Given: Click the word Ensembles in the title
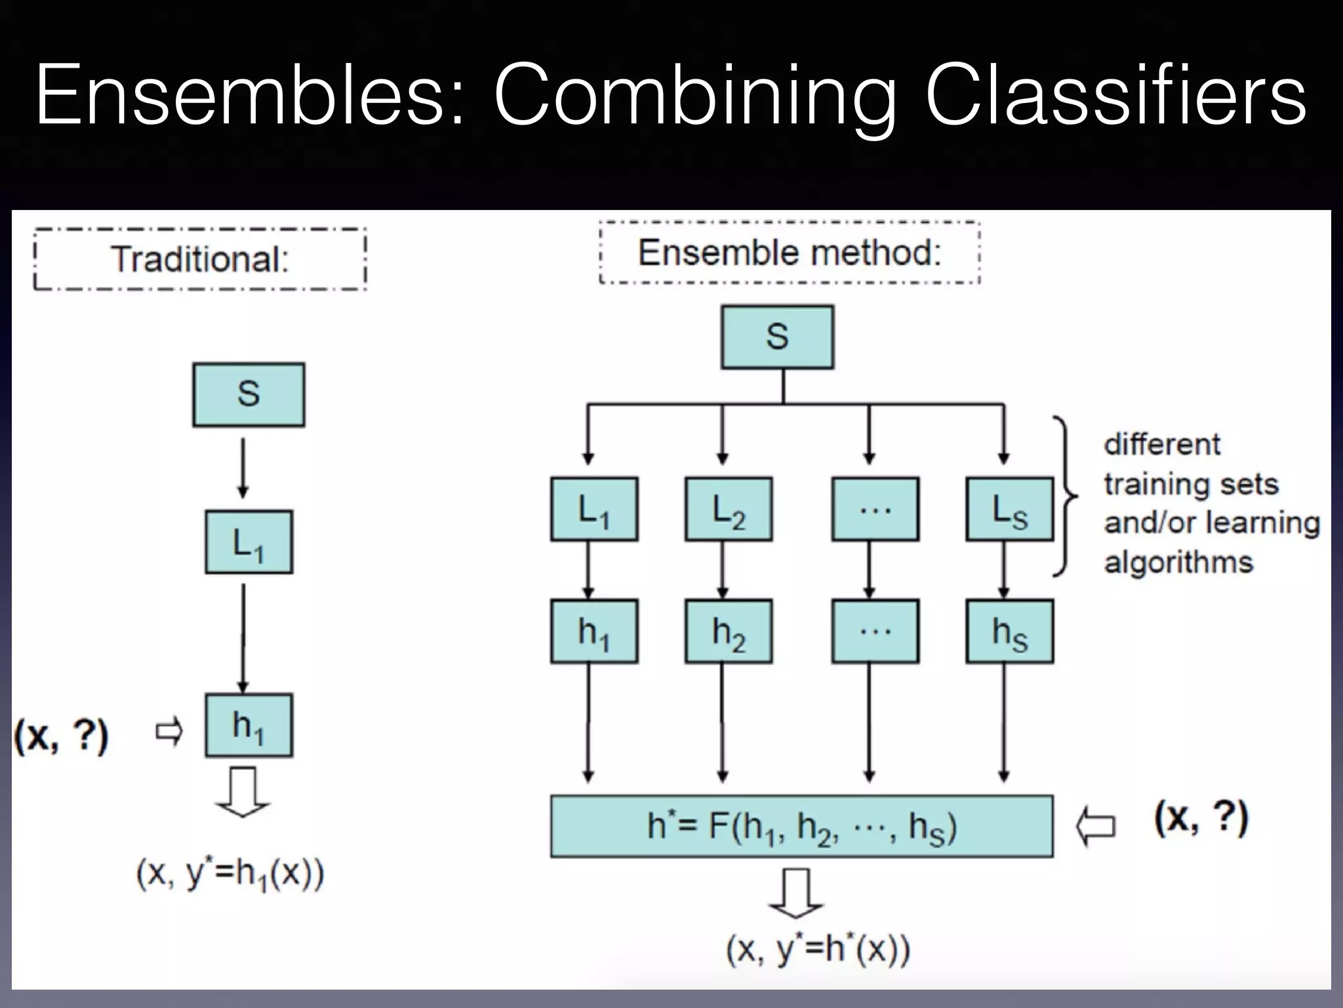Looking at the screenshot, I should [x=249, y=95].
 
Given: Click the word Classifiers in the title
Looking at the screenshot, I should [x=1115, y=95].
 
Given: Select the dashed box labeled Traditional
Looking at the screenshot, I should [x=200, y=259].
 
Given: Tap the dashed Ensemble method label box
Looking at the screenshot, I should [x=790, y=253].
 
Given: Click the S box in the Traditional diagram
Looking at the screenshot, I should [x=249, y=394].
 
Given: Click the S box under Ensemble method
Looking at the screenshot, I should [x=777, y=337].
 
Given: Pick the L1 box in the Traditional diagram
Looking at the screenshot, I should [x=249, y=542].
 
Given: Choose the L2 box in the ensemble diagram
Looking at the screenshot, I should [x=729, y=509].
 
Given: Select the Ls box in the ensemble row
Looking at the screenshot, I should [x=1010, y=509].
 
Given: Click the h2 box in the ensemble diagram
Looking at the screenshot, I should [x=729, y=631].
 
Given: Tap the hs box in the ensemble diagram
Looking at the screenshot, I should [x=1010, y=631].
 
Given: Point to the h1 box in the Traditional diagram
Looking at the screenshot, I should [x=249, y=726].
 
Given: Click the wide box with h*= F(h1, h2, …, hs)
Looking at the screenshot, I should [x=801, y=826].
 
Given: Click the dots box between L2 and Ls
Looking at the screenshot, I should [x=875, y=509].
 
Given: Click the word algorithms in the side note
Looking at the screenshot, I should [x=1178, y=562].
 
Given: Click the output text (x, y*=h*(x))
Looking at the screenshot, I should [x=818, y=949].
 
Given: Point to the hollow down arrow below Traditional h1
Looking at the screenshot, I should [x=243, y=792].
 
